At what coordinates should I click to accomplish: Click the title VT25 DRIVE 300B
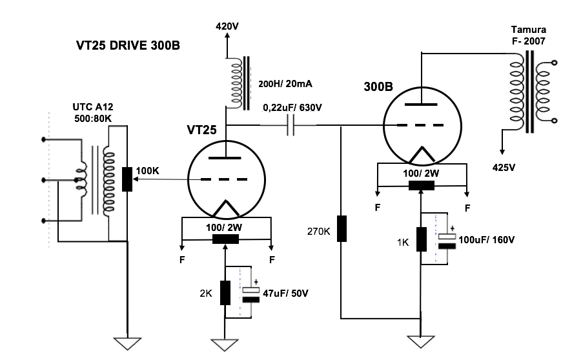[x=128, y=45]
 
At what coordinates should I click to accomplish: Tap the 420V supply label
[x=227, y=26]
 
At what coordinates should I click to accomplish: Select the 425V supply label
[x=504, y=167]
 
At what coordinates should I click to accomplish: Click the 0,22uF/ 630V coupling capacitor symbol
[x=291, y=125]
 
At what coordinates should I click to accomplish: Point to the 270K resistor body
[x=342, y=228]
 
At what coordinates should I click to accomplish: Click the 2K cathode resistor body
[x=225, y=293]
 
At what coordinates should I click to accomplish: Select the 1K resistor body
[x=422, y=239]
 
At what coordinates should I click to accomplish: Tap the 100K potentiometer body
[x=127, y=179]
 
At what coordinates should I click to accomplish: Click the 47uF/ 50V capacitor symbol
[x=251, y=295]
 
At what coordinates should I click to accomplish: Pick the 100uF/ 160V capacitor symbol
[x=447, y=241]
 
